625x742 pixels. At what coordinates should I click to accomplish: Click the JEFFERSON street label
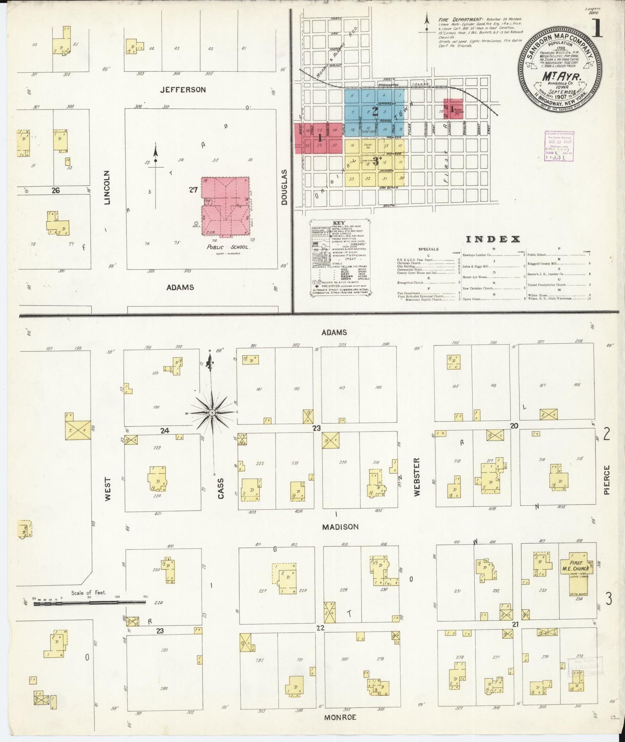coord(183,90)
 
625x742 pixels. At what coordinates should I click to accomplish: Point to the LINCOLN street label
coord(108,187)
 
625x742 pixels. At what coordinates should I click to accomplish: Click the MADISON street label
coord(340,527)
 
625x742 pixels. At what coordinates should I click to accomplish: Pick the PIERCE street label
coord(606,480)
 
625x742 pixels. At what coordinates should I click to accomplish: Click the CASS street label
coord(221,488)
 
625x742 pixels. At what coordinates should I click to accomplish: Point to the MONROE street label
coord(340,717)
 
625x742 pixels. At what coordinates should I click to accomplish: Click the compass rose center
coord(212,413)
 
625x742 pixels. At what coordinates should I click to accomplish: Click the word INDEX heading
coord(493,239)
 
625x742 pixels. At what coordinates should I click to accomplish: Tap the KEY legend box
coord(340,258)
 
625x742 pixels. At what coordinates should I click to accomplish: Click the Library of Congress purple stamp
coord(559,146)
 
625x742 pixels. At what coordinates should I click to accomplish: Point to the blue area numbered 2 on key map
coord(375,111)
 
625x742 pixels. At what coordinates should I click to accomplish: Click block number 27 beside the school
coord(193,190)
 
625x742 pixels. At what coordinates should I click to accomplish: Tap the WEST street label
coord(108,489)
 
